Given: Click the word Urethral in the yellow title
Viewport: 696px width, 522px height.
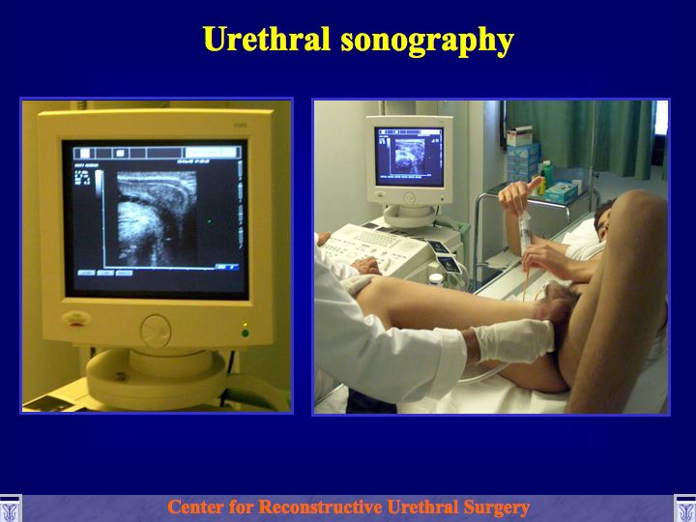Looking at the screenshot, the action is (x=267, y=39).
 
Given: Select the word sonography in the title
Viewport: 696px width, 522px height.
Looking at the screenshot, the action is (x=427, y=42).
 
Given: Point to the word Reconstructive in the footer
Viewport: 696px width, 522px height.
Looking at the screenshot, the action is (x=321, y=507).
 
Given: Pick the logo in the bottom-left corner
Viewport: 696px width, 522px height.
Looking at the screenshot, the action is (x=11, y=508).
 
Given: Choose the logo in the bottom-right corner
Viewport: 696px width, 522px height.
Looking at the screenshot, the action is (x=685, y=508).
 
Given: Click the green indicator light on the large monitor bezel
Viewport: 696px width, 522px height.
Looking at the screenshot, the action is (x=245, y=333).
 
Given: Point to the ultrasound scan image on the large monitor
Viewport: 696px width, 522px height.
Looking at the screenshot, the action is (x=157, y=218).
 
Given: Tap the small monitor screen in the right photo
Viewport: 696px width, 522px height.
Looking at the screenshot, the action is (x=409, y=157).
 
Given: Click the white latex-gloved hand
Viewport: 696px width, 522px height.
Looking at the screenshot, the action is (x=515, y=339).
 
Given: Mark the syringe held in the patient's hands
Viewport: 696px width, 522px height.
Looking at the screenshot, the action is (x=526, y=233).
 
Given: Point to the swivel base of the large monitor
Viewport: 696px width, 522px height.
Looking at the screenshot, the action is (x=157, y=376).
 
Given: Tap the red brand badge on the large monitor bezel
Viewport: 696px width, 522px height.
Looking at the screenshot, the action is (x=76, y=319).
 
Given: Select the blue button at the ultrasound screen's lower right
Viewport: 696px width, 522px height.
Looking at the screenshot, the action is (x=227, y=267).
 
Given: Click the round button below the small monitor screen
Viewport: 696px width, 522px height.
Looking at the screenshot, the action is (x=409, y=198).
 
